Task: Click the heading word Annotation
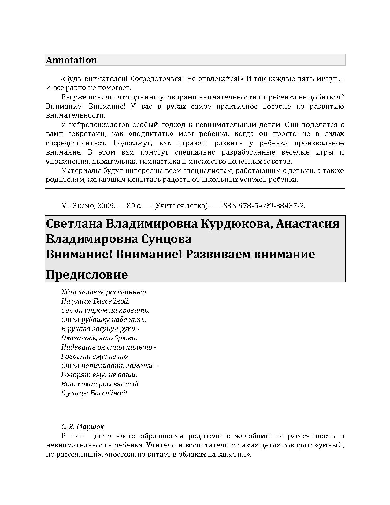pos(71,60)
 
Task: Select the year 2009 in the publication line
pos(106,206)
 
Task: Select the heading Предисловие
pos(87,275)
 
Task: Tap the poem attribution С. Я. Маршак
pos(83,427)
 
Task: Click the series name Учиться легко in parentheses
pos(180,206)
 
